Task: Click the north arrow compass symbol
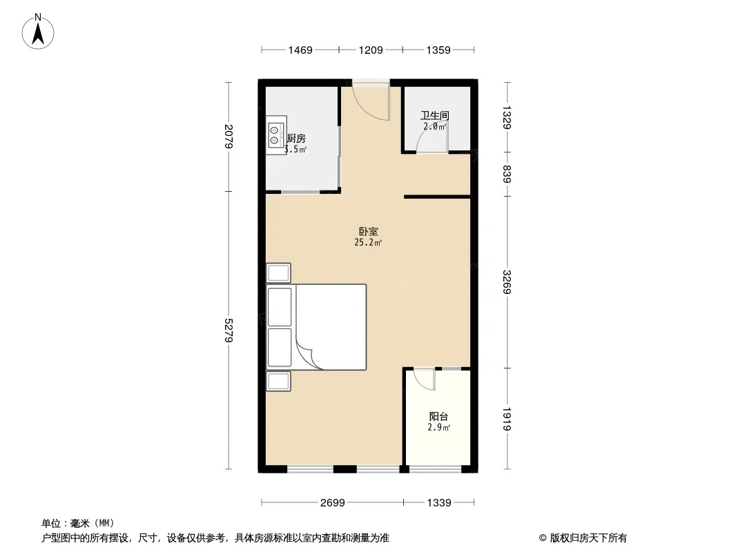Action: (x=38, y=32)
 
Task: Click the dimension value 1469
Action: (x=300, y=50)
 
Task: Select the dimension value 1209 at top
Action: (x=371, y=50)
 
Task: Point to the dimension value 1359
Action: (x=438, y=50)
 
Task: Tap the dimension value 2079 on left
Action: (x=229, y=136)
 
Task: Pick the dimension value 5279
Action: (x=229, y=331)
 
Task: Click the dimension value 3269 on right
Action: (x=507, y=282)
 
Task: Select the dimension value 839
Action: (x=507, y=174)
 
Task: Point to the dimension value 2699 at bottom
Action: (x=332, y=503)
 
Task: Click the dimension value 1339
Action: (x=439, y=503)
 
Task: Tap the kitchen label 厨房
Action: (x=296, y=139)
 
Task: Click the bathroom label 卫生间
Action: (x=435, y=115)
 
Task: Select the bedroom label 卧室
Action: (x=369, y=231)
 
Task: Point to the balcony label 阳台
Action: (x=438, y=416)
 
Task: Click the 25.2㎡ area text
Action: (x=368, y=242)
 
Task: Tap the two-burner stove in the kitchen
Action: (x=275, y=135)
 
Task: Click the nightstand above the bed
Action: (x=278, y=273)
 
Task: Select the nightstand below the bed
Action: (x=278, y=382)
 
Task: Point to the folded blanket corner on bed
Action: (x=307, y=355)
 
